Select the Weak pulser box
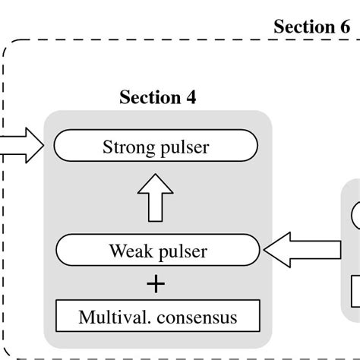(157, 249)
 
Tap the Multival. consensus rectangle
(157, 314)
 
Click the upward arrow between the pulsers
(157, 197)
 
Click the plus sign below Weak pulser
(157, 283)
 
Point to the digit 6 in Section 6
(344, 27)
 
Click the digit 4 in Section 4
(190, 97)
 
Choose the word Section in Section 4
(150, 97)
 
